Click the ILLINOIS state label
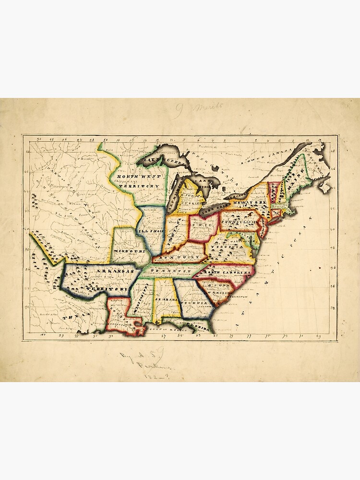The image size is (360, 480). pyautogui.click(x=149, y=231)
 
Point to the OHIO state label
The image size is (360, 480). pyautogui.click(x=200, y=224)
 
